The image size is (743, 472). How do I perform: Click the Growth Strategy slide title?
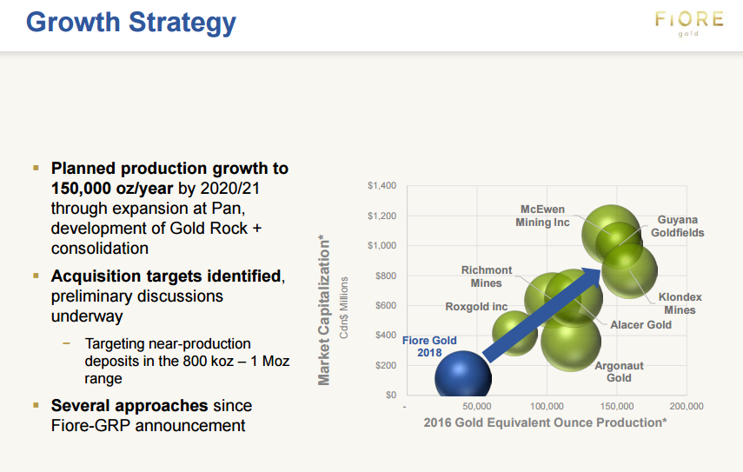(x=130, y=23)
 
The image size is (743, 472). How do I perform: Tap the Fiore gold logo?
(x=689, y=23)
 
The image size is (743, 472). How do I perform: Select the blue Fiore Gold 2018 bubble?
(x=463, y=376)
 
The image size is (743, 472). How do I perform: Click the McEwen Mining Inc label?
(x=542, y=216)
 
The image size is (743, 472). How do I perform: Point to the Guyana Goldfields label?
(x=677, y=226)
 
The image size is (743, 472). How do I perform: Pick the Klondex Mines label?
(x=680, y=303)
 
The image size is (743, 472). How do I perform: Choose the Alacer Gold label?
(x=640, y=324)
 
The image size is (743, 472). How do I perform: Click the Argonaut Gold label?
(x=619, y=371)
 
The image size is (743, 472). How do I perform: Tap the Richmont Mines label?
(x=486, y=276)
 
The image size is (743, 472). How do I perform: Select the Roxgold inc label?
(x=476, y=307)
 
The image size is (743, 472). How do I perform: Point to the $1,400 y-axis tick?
(x=381, y=185)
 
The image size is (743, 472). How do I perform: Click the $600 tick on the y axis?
(x=386, y=305)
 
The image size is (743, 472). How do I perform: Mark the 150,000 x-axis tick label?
(x=616, y=406)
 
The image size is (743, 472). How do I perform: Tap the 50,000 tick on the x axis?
(x=477, y=406)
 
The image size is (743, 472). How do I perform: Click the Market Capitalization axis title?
(x=324, y=310)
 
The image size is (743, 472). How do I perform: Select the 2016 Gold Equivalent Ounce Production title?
(x=545, y=422)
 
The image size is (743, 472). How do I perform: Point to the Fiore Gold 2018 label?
(x=429, y=347)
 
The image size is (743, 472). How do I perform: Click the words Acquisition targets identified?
(x=166, y=276)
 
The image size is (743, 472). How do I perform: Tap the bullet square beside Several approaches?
(x=36, y=405)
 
